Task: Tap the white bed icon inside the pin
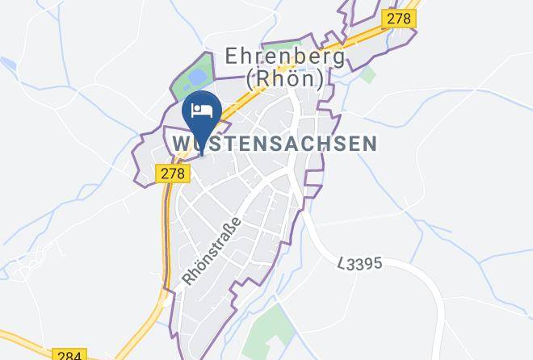201,109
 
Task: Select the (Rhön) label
284,79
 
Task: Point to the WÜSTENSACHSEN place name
275,144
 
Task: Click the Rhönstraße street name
212,250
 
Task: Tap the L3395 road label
359,264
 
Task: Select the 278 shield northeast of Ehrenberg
399,18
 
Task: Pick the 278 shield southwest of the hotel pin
170,173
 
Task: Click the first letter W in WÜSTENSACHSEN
182,144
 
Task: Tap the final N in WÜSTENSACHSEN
369,144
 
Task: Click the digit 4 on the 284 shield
78,354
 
